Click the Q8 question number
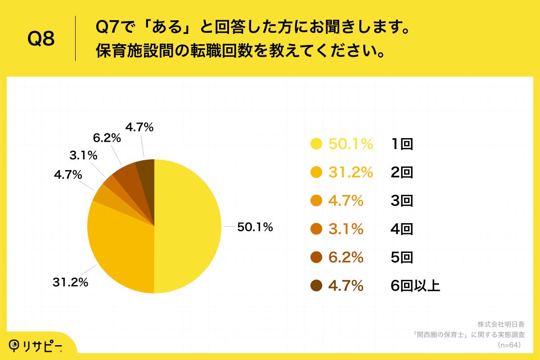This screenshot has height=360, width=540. click(x=41, y=39)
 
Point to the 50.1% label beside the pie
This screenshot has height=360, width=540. click(x=255, y=227)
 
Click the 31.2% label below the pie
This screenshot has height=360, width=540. click(x=70, y=283)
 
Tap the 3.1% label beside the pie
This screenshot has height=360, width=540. click(x=84, y=156)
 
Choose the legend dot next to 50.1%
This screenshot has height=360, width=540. click(x=316, y=144)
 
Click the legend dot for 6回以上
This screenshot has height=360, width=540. click(x=316, y=286)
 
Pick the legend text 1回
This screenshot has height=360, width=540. click(x=402, y=144)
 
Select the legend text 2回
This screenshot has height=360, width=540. click(x=402, y=172)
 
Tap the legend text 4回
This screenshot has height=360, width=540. click(x=402, y=229)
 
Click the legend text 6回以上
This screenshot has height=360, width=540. click(x=415, y=286)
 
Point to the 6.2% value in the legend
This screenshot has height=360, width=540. click(x=346, y=257)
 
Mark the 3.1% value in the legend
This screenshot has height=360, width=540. click(x=346, y=229)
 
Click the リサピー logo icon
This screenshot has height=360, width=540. click(x=16, y=345)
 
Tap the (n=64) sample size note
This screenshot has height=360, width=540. click(x=508, y=345)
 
